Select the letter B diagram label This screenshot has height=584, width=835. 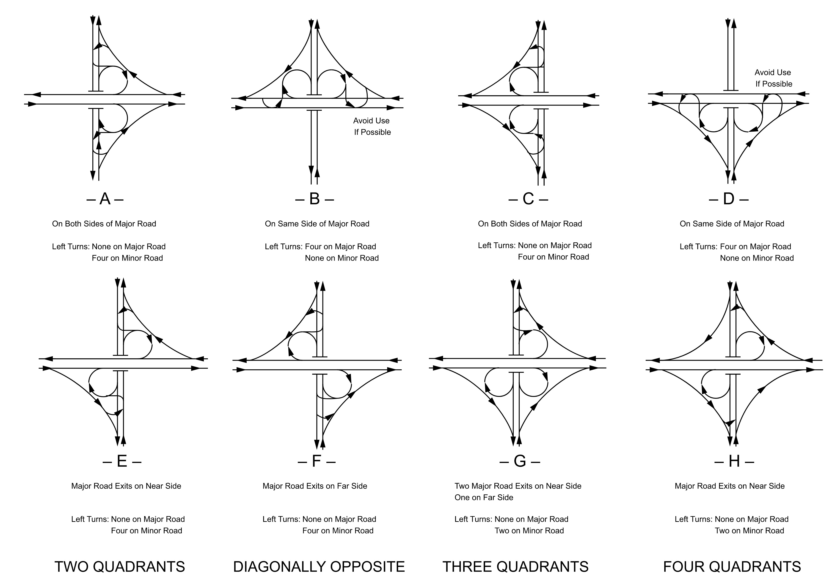coord(314,199)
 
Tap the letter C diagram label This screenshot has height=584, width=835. coord(528,199)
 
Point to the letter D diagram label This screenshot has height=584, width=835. coord(729,199)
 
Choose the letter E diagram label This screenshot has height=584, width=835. coord(122,461)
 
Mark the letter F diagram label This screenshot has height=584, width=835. coord(316,461)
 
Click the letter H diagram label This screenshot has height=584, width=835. coord(734,461)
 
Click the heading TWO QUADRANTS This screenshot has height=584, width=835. coord(120,567)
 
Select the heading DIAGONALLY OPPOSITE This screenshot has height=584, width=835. coord(319,567)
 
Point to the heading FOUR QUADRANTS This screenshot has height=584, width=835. coord(732,567)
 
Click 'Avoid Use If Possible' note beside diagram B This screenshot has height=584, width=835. coord(372,126)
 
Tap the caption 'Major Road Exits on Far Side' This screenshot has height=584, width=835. coord(315,486)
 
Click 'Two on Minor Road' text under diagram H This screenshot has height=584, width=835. coord(749,531)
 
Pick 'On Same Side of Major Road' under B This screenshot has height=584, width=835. coord(317,224)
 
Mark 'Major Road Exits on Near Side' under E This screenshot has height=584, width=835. coord(126,486)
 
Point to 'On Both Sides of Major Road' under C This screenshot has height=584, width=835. coord(530,224)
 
